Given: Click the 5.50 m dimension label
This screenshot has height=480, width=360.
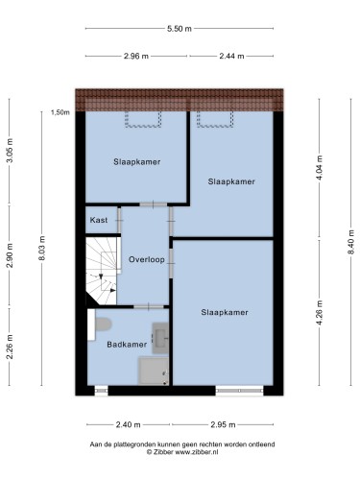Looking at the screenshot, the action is [x=180, y=29].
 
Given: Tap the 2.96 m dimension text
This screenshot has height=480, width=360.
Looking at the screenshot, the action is [x=136, y=56].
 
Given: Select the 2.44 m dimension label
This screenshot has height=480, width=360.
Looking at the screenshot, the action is [x=231, y=56].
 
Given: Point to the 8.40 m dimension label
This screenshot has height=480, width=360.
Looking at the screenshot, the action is [x=350, y=242].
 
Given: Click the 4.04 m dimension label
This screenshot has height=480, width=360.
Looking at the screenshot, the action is [x=320, y=167].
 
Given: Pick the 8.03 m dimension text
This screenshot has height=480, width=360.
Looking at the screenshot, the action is [x=42, y=248].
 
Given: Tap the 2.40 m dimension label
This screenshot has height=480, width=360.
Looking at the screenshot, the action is [x=128, y=424].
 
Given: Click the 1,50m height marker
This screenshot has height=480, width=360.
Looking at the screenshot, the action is [x=60, y=112].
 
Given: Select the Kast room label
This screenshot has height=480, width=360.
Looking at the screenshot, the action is [x=99, y=220].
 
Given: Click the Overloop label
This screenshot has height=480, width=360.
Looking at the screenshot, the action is [x=147, y=259].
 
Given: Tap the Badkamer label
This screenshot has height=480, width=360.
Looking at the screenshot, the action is [x=127, y=345].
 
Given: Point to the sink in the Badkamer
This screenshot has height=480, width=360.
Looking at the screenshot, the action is [x=160, y=338].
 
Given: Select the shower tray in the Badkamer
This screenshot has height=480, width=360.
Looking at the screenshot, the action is [x=154, y=371].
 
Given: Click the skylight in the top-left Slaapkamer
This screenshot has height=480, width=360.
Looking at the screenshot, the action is [x=143, y=119].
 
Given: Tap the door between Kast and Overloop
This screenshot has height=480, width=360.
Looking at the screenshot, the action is [x=119, y=220].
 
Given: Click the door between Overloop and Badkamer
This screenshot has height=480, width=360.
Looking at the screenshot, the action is [x=149, y=307].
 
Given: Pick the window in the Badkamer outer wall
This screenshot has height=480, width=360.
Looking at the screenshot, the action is [x=102, y=391].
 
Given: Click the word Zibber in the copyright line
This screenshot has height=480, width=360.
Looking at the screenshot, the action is [x=163, y=452].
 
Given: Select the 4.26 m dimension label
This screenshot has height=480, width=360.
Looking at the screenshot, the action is [x=320, y=313].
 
